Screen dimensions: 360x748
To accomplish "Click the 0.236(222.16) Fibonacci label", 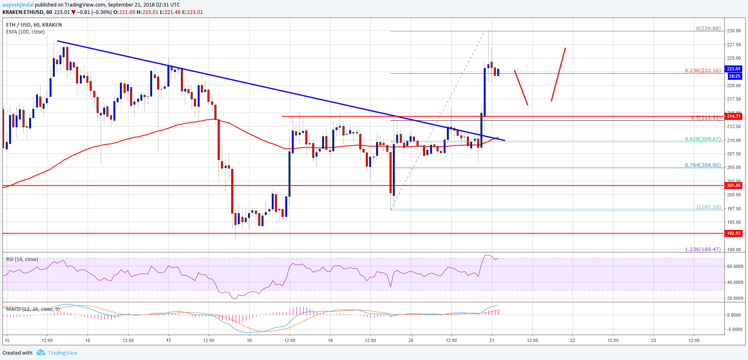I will tap(703, 71).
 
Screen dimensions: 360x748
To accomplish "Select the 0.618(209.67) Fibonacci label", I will tap(703, 139).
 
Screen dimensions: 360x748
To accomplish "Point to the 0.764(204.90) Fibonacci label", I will tap(703, 165).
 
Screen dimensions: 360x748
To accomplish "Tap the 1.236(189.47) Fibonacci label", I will tap(703, 249).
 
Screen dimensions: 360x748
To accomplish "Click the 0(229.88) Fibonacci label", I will tap(708, 29).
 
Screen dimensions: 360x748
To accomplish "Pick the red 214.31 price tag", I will tap(733, 116).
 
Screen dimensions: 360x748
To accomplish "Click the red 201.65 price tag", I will tap(733, 185).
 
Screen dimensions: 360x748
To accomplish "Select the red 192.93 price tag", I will tap(733, 233).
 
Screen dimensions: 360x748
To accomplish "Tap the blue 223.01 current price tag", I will tap(733, 69).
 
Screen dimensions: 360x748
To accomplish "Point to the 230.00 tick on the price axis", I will tap(734, 31).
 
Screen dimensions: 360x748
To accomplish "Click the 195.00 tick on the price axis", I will tap(734, 222).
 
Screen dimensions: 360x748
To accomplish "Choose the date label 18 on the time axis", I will tap(249, 340).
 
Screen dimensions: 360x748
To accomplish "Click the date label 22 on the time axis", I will tap(572, 340).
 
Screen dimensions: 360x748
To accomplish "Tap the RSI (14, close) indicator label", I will tap(22, 259).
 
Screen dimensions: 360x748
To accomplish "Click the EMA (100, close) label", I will tap(25, 32).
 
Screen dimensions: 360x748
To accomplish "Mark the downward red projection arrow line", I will tap(521, 88).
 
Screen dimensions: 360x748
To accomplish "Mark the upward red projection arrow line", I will tap(559, 74).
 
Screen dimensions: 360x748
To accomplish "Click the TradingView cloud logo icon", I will tap(41, 353).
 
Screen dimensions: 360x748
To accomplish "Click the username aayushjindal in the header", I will tap(18, 5).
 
